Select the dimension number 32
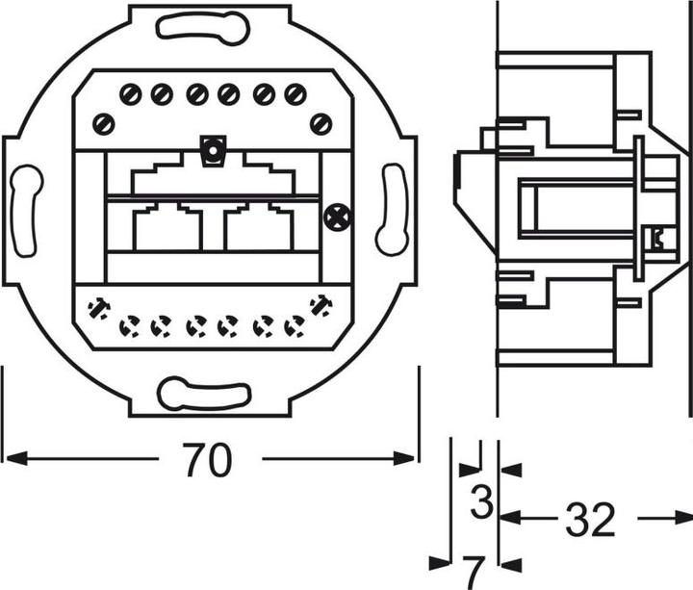coord(589,520)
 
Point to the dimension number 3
coord(482,501)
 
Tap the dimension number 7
coord(472,572)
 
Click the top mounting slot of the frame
coord(203,29)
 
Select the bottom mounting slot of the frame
coord(204,394)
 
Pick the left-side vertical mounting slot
coord(26,211)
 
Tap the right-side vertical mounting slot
coord(392,210)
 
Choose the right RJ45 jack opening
coord(258,227)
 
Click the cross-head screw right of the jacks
coord(336,218)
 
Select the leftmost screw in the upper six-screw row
coord(131,94)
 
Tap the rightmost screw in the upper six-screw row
coord(295,94)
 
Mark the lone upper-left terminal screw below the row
coord(104,123)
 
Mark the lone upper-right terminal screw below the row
coord(321,123)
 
